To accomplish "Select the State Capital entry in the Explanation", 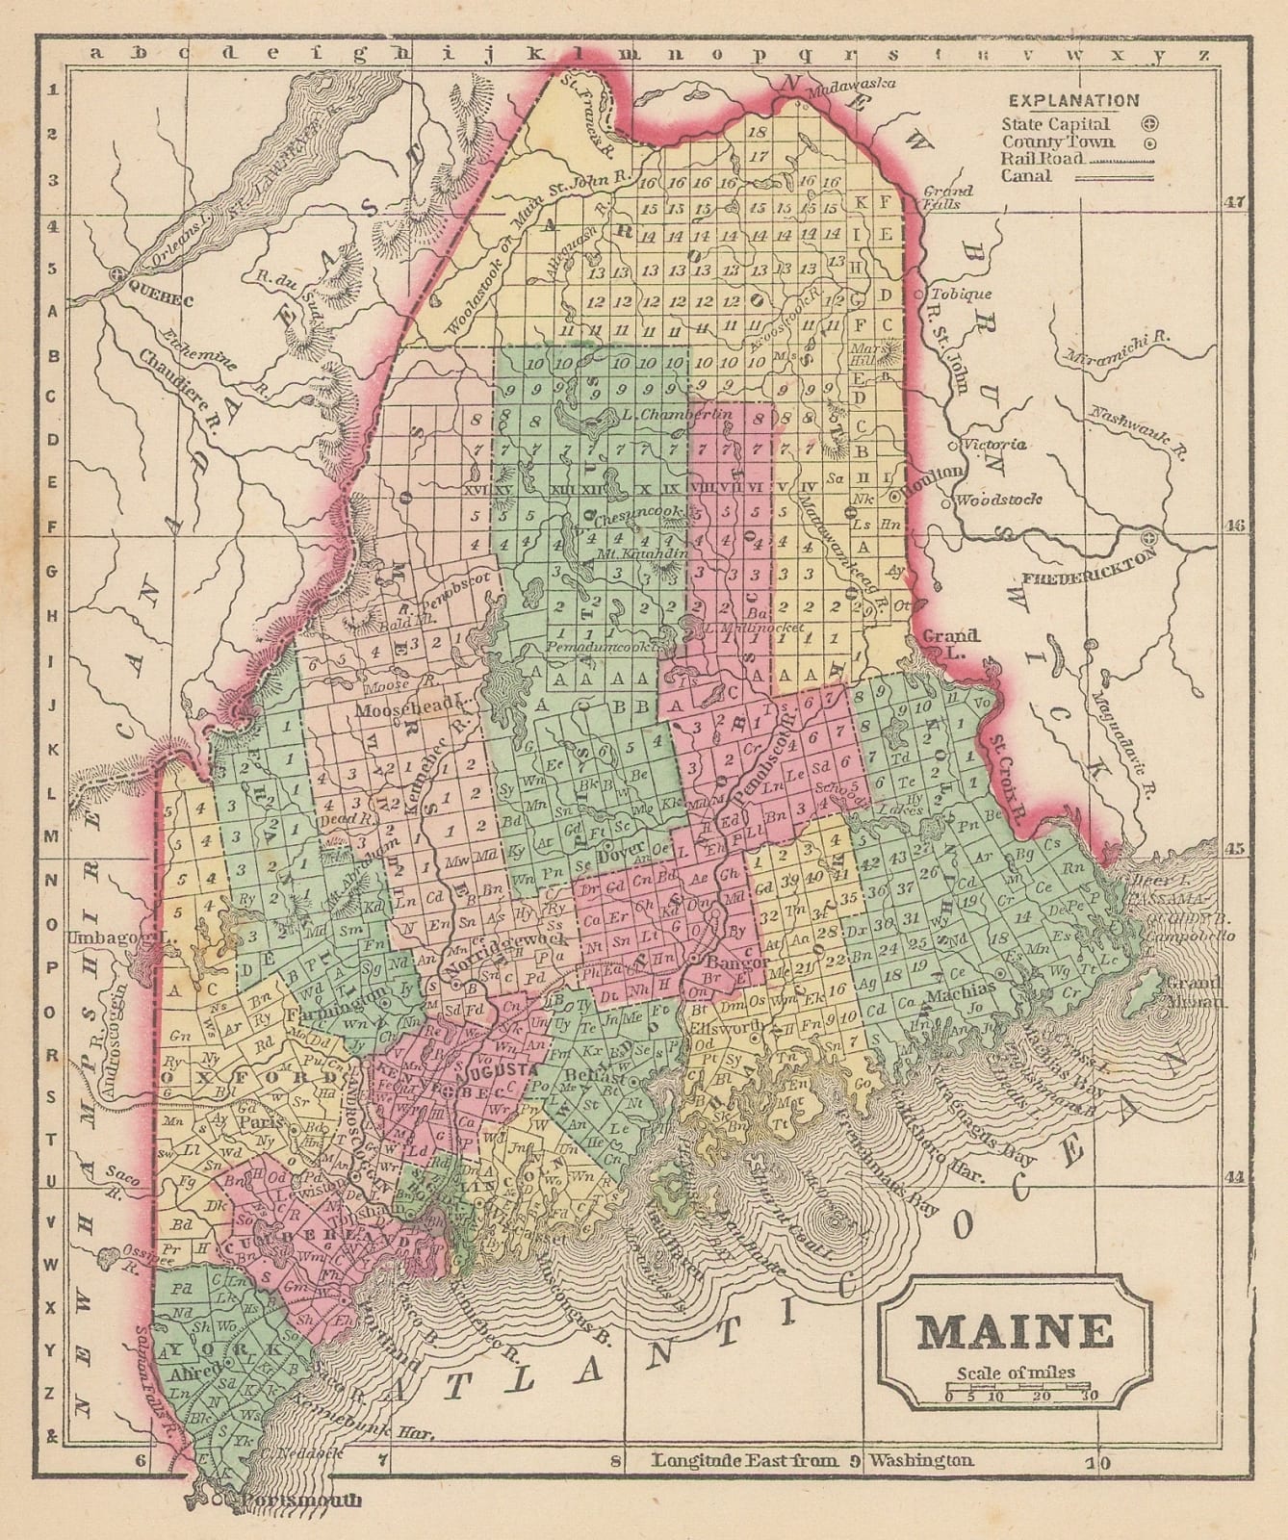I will click(x=1055, y=124).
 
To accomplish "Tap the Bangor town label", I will click(x=734, y=962).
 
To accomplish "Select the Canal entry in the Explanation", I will click(x=1026, y=175).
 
